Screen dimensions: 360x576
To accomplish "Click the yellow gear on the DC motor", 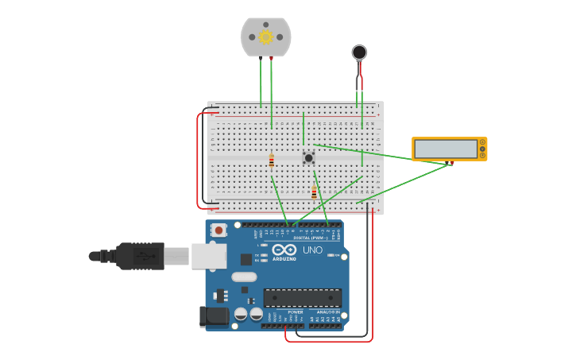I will point(265,37).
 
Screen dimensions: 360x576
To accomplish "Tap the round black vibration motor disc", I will point(359,52).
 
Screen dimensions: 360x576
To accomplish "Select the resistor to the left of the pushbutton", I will point(272,161).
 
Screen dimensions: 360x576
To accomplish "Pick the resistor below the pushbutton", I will point(314,192).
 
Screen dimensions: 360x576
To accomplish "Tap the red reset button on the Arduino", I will point(218,230).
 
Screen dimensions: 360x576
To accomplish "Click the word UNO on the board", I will point(312,250).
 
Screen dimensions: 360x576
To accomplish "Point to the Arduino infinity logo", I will point(284,250).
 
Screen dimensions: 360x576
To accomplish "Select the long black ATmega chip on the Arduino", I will point(302,297).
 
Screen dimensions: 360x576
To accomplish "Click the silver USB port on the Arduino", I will point(210,256).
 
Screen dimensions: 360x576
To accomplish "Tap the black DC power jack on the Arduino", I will point(214,316).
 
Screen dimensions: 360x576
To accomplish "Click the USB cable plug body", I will point(140,256).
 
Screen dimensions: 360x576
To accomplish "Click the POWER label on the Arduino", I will point(295,312).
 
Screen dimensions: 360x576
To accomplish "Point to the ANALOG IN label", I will point(327,312).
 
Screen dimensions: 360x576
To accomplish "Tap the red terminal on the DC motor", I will point(272,58).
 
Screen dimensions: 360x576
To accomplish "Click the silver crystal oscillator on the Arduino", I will point(244,277).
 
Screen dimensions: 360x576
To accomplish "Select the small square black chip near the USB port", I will point(246,258).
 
